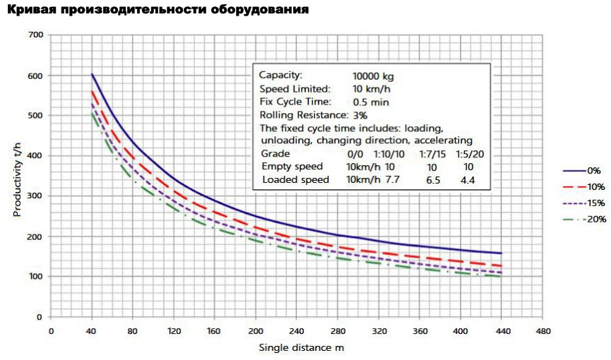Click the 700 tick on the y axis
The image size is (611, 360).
(x=35, y=35)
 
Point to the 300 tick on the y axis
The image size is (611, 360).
(x=35, y=196)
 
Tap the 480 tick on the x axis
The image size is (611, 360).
(x=543, y=330)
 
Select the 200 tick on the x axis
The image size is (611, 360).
(x=256, y=330)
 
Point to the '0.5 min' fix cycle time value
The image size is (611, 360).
(x=369, y=102)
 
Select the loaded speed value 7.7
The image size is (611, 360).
(x=393, y=180)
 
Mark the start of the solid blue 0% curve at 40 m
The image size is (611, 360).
(x=92, y=74)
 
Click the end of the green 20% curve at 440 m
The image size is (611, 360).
(x=502, y=277)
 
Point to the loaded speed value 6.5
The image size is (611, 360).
(x=432, y=180)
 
